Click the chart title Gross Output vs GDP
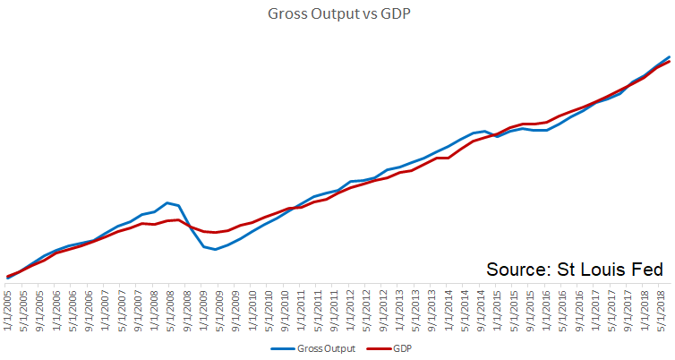tap(337, 14)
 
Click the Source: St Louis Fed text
tap(574, 270)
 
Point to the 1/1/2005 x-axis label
tap(8, 306)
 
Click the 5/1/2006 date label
tap(73, 306)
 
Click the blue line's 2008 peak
tap(167, 202)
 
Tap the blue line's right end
tap(669, 56)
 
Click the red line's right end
tap(669, 61)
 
